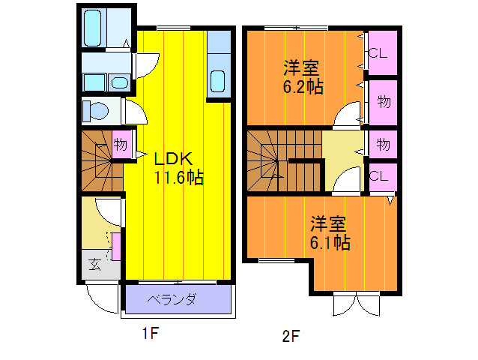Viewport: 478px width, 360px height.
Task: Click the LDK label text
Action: pos(174,159)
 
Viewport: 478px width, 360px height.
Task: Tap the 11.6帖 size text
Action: pos(179,178)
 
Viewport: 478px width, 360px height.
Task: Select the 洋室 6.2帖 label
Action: pos(303,76)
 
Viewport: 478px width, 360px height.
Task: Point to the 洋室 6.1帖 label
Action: pos(330,232)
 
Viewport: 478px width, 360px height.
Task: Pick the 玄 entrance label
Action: pos(96,264)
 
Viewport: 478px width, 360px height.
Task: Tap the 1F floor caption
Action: pos(151,334)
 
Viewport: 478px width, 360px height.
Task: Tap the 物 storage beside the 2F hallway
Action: pos(382,143)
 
